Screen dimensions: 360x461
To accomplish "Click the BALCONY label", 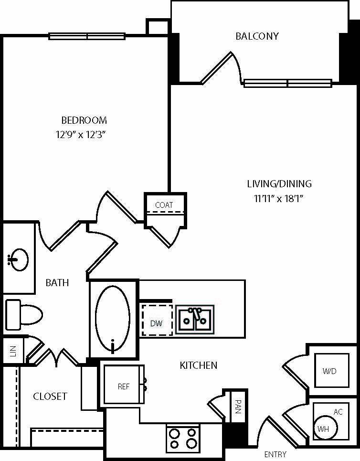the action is [257, 36].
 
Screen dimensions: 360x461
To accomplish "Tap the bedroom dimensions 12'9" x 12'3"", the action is [81, 135].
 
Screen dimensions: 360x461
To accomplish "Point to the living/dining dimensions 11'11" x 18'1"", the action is [279, 198].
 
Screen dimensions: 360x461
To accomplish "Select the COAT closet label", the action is [164, 205].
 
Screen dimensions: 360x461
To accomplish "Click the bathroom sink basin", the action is [18, 260].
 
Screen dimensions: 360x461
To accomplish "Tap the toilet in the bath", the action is [24, 315].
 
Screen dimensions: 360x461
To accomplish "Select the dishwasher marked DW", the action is [157, 320].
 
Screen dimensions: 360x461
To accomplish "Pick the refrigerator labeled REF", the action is [124, 384].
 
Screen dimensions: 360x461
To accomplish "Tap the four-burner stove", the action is [183, 439].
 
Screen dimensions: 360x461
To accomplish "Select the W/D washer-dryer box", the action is [332, 370].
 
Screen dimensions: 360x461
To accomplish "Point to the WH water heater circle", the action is [326, 428].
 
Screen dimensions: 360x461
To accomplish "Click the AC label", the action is [338, 412].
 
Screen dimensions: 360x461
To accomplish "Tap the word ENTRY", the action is [275, 454].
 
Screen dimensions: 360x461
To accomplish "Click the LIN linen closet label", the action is [13, 351].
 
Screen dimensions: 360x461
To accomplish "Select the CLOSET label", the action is [50, 397].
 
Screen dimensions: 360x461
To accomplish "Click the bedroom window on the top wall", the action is [87, 36].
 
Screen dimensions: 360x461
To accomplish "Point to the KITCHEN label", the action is [198, 365].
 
